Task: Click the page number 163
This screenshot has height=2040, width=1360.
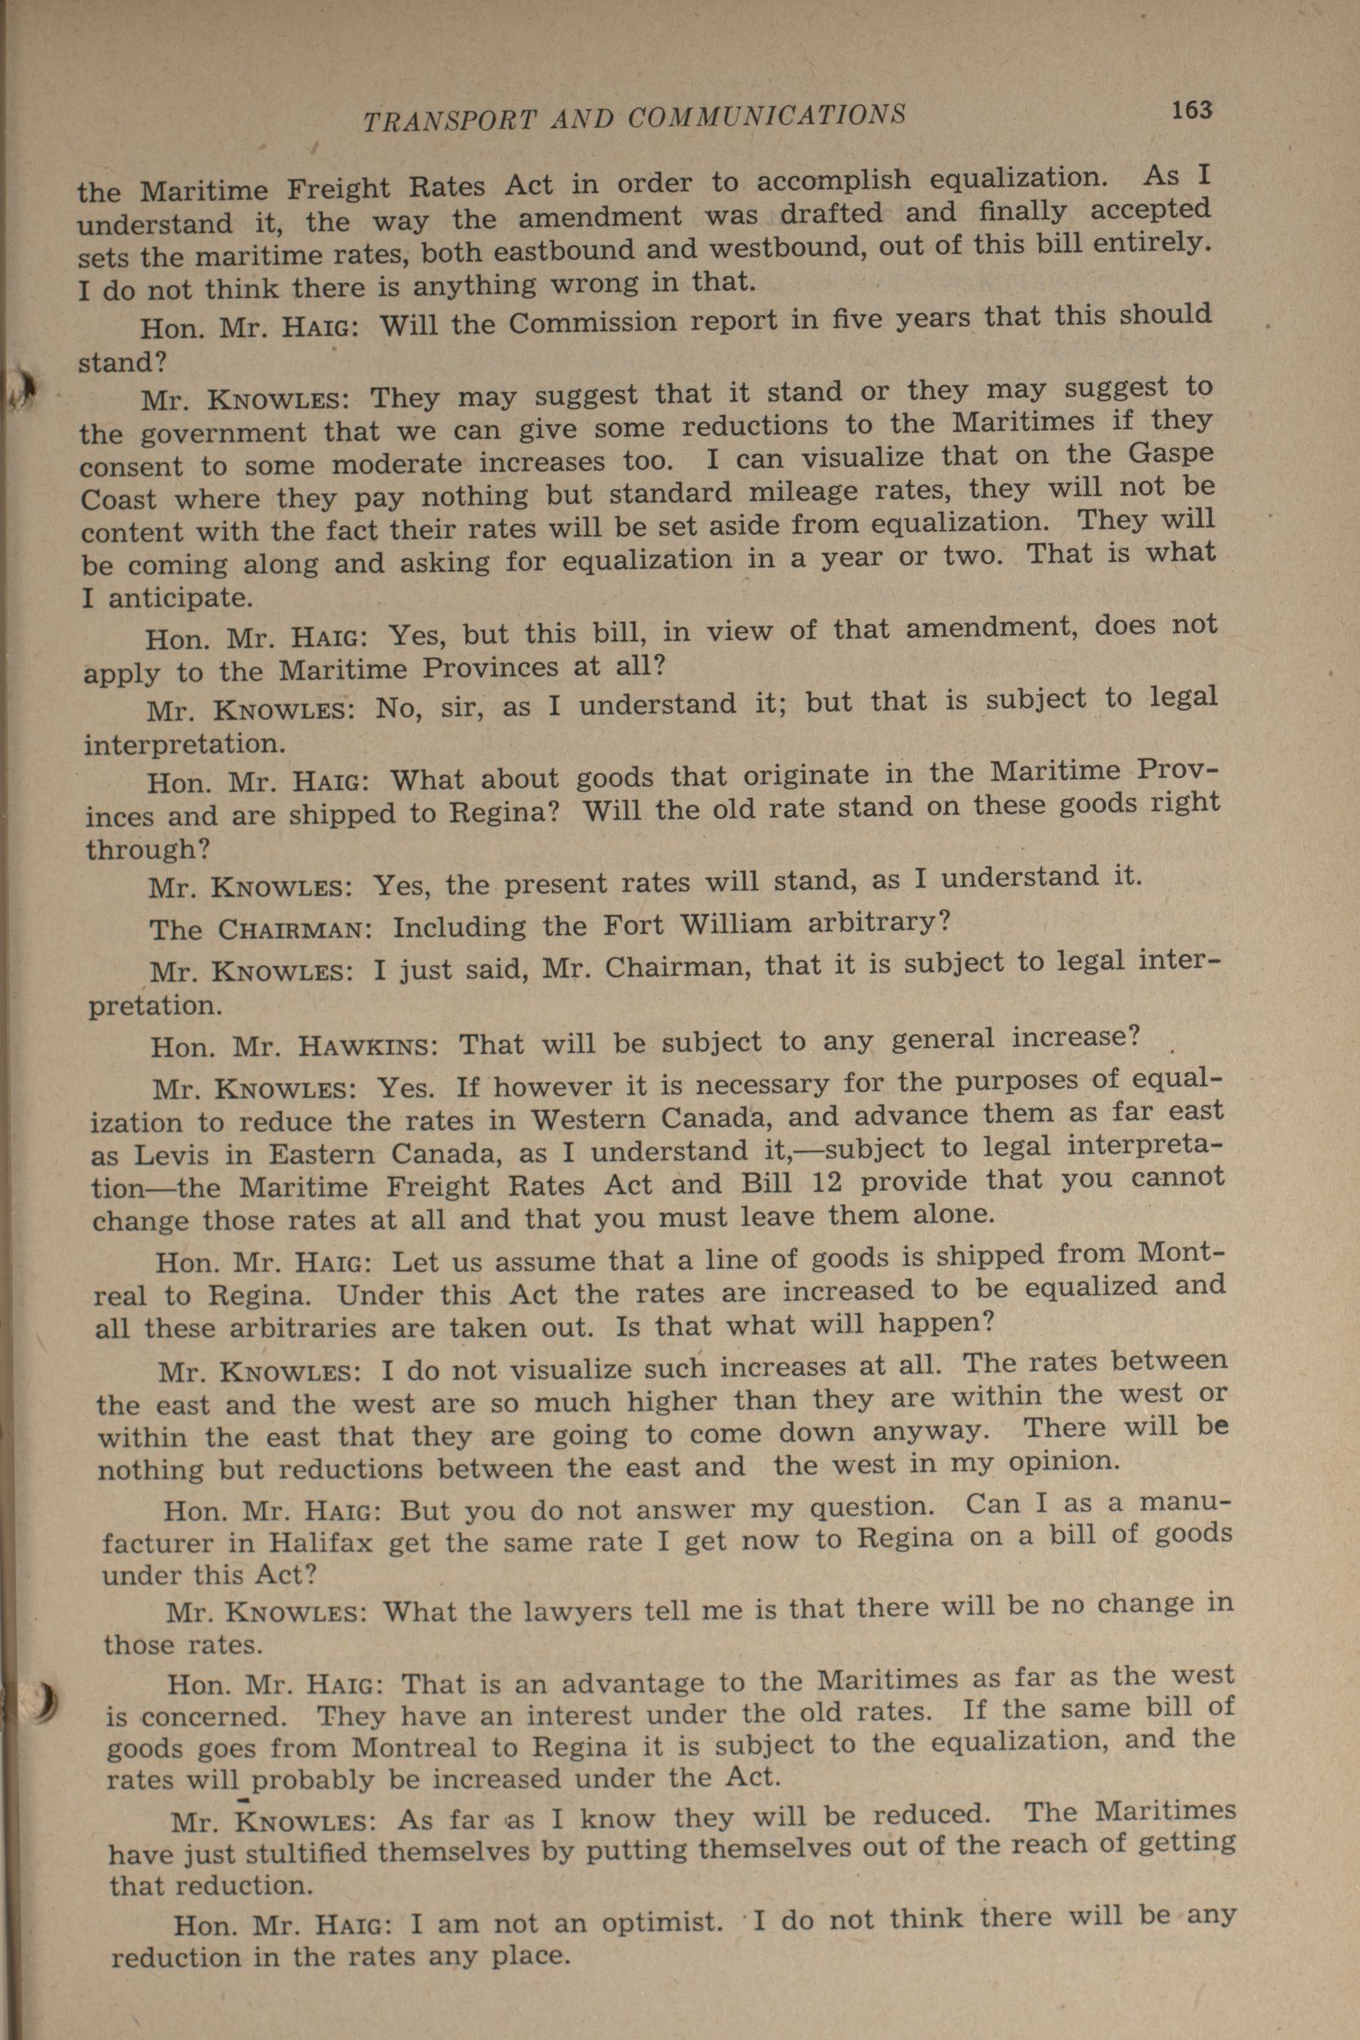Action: click(1191, 110)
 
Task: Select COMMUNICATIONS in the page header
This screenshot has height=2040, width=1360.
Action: click(766, 116)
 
